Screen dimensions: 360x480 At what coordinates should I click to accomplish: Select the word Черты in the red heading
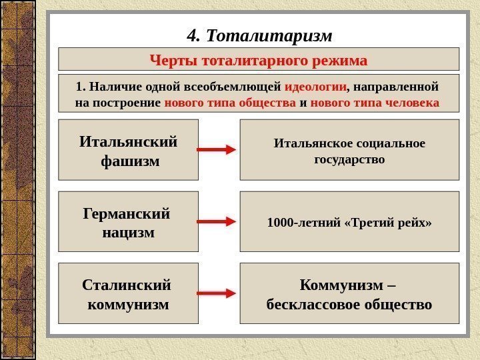tap(170, 61)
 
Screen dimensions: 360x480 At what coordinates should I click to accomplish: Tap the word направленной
tap(397, 87)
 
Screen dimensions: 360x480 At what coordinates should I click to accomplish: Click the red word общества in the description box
tap(269, 103)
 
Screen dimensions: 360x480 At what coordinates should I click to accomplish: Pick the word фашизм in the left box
tap(129, 161)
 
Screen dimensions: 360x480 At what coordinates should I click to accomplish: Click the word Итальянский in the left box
tap(129, 142)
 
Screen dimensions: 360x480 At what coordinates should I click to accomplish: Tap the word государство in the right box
tap(349, 160)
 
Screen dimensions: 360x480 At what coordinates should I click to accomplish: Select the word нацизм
tap(129, 233)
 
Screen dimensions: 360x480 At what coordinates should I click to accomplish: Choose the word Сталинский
tap(127, 285)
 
